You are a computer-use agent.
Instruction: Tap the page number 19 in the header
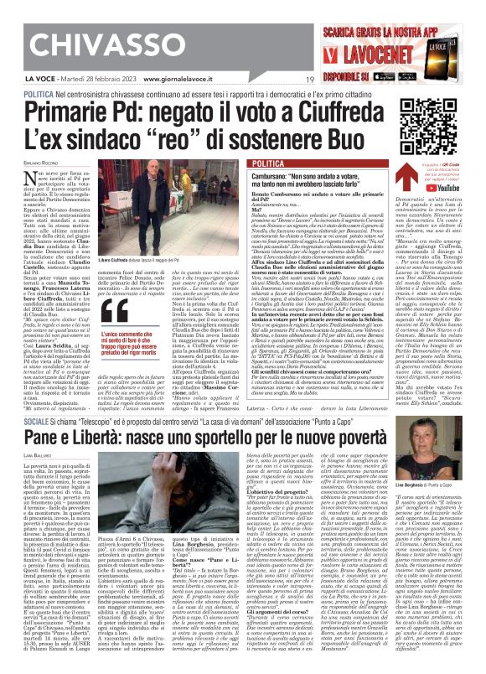coord(310,80)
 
